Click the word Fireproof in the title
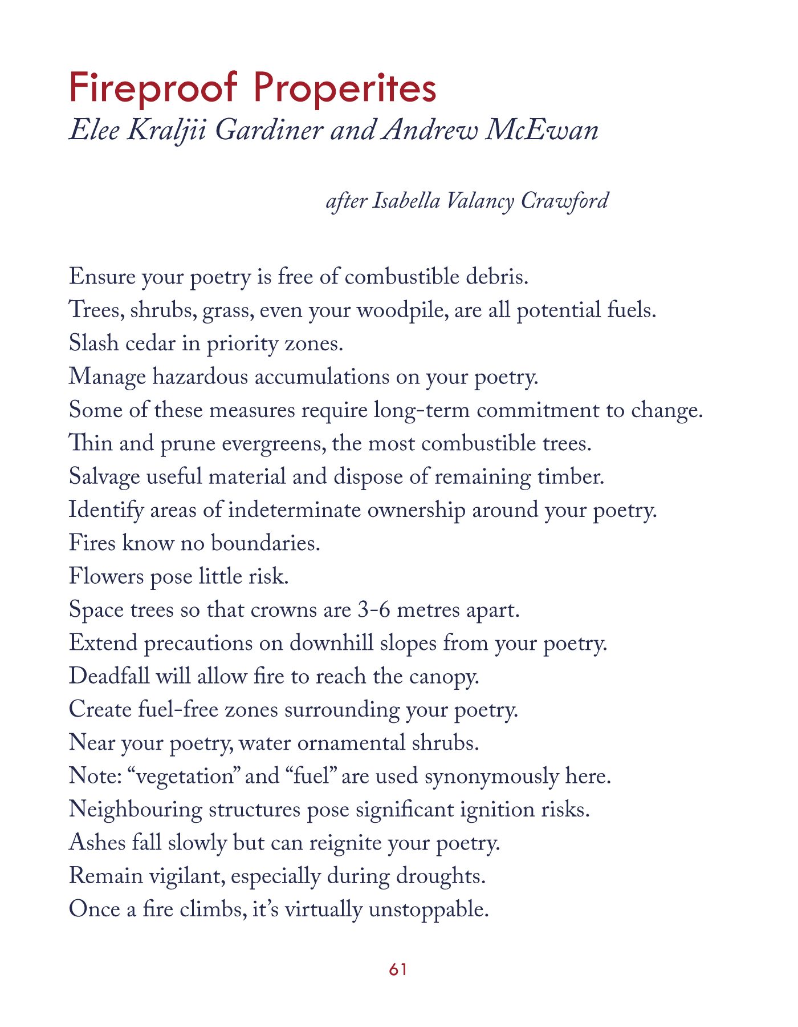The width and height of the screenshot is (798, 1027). coord(153,88)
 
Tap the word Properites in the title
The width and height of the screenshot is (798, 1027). coord(344,88)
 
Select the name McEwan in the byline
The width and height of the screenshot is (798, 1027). coord(541,130)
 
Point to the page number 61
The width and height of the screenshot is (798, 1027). coord(398,969)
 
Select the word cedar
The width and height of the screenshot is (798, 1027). coord(150,343)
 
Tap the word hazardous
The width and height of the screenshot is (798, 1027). coord(200,377)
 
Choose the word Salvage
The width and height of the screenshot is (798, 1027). coord(104,477)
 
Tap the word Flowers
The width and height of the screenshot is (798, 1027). coord(106,576)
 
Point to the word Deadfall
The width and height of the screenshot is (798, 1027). coord(109,676)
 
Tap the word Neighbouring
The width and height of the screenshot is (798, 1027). coord(135,810)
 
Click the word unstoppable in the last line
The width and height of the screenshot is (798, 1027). coord(429,909)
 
